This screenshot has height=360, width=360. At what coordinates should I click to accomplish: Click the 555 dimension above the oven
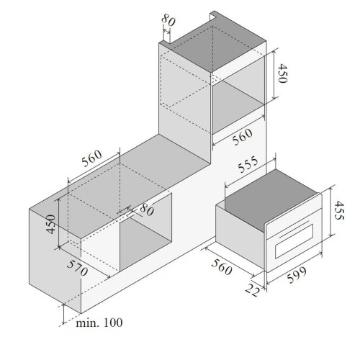[x=248, y=164]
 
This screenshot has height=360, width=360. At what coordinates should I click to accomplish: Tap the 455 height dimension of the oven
[x=339, y=210]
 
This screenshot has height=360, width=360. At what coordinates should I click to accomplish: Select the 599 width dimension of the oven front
[x=297, y=274]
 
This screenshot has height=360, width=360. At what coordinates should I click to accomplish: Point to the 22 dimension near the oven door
[x=253, y=289]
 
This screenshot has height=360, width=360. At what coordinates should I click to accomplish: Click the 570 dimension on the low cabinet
[x=77, y=268]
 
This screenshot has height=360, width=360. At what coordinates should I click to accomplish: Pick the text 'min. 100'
[x=99, y=323]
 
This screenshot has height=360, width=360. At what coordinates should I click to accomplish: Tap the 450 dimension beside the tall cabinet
[x=282, y=73]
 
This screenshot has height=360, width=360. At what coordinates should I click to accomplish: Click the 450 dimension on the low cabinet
[x=51, y=224]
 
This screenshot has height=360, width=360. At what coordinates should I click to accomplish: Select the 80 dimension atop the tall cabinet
[x=168, y=20]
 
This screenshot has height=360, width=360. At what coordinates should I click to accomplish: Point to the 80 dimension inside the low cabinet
[x=147, y=210]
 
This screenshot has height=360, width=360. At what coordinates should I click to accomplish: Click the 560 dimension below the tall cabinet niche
[x=242, y=137]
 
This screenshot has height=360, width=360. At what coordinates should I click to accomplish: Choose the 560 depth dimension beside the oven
[x=222, y=266]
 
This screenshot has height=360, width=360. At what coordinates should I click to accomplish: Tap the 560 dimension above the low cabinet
[x=91, y=158]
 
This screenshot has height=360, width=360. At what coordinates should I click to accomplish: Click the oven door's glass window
[x=294, y=241]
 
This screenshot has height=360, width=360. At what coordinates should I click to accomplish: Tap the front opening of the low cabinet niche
[x=145, y=233]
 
